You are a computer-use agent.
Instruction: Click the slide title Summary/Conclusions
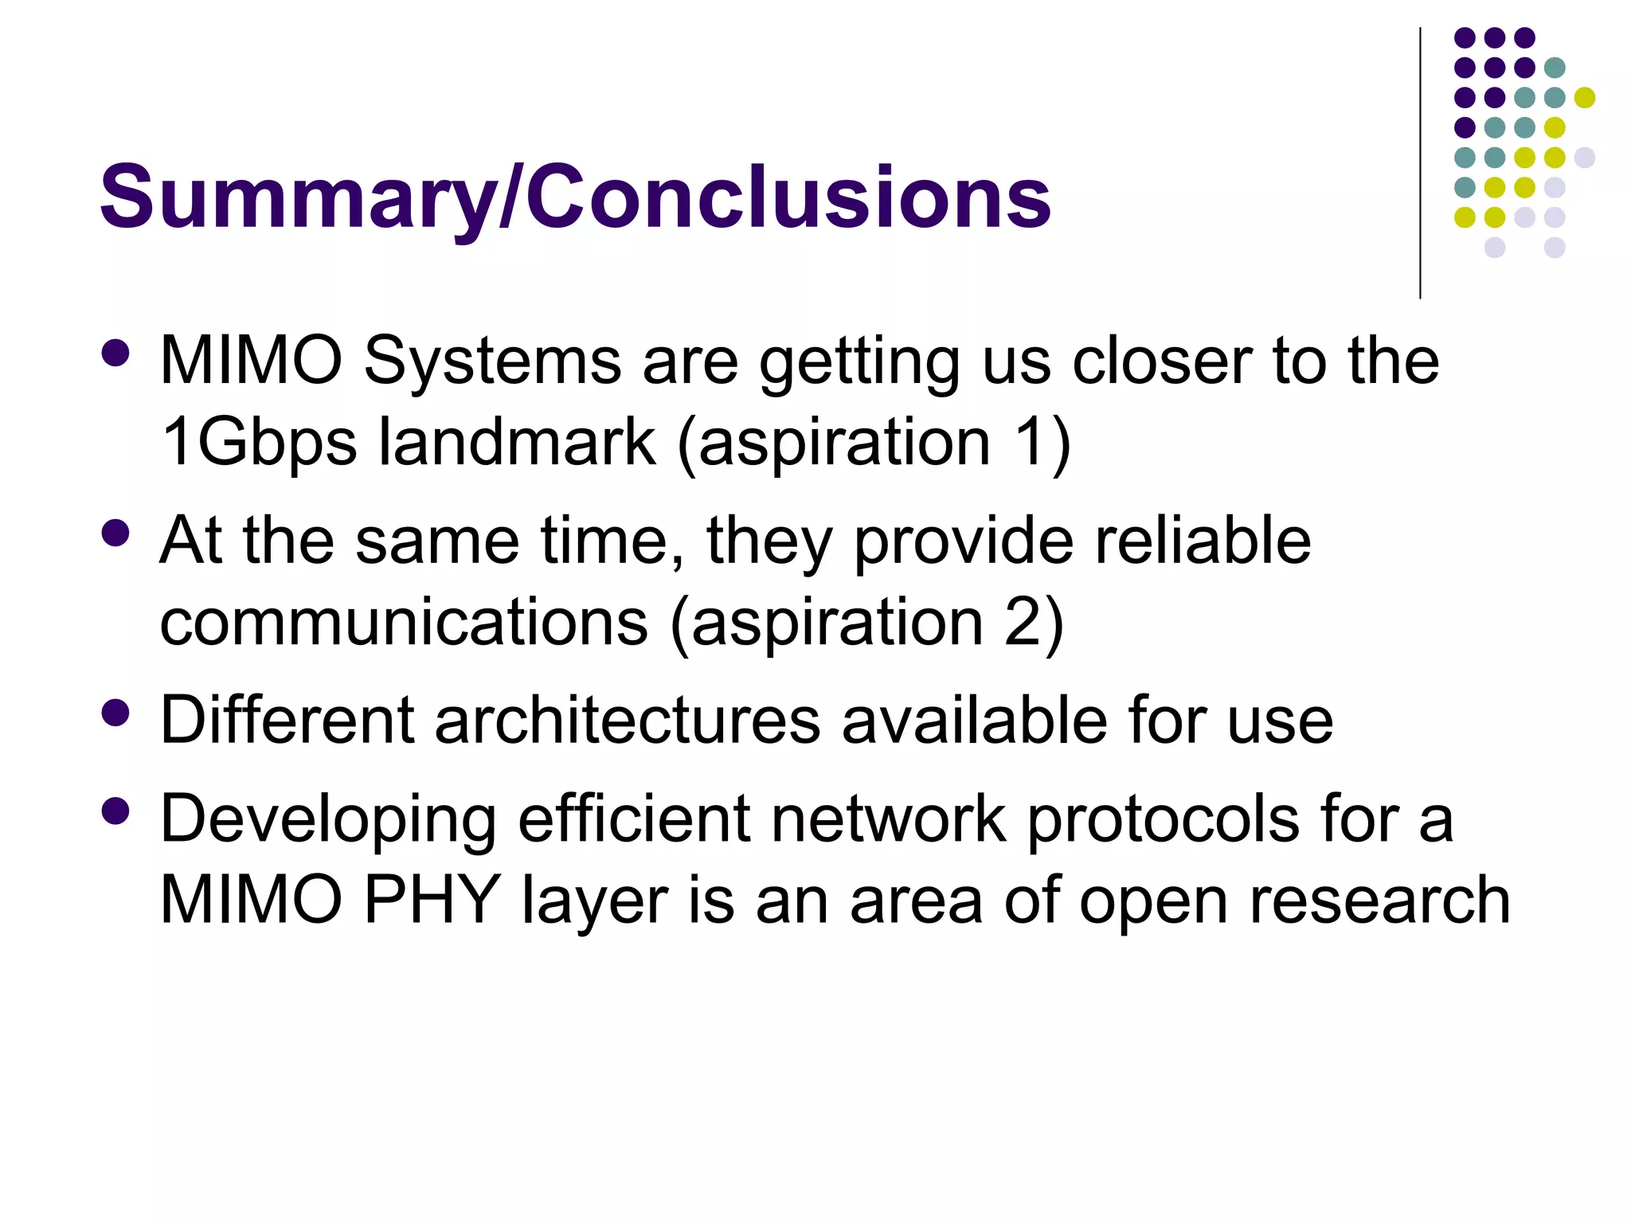(575, 196)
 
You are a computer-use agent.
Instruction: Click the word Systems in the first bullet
(492, 361)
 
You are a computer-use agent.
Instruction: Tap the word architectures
(628, 720)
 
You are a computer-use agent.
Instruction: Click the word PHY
(431, 900)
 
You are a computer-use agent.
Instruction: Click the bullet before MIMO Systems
(115, 354)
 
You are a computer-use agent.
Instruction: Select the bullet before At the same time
(115, 533)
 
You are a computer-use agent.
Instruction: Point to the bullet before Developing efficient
(115, 811)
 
